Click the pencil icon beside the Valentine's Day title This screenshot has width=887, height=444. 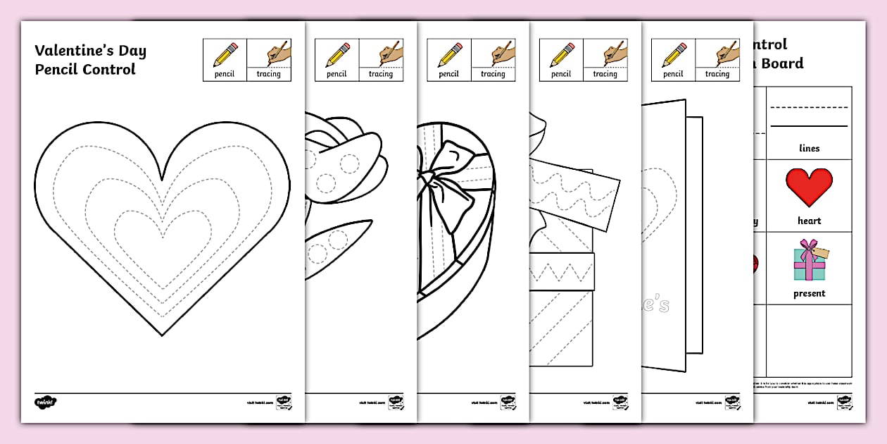(x=225, y=54)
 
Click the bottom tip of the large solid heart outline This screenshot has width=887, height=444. (x=162, y=335)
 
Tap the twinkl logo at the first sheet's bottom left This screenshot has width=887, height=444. (x=44, y=402)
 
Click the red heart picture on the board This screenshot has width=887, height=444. (x=809, y=187)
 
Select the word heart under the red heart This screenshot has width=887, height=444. (x=809, y=221)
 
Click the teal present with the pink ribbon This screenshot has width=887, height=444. (x=808, y=263)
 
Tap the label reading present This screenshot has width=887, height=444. (x=809, y=293)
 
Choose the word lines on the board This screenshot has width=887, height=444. (x=809, y=148)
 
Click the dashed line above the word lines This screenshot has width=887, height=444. (x=809, y=108)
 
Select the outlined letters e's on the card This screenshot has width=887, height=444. (x=655, y=304)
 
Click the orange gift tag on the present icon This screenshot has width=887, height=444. (x=822, y=252)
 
